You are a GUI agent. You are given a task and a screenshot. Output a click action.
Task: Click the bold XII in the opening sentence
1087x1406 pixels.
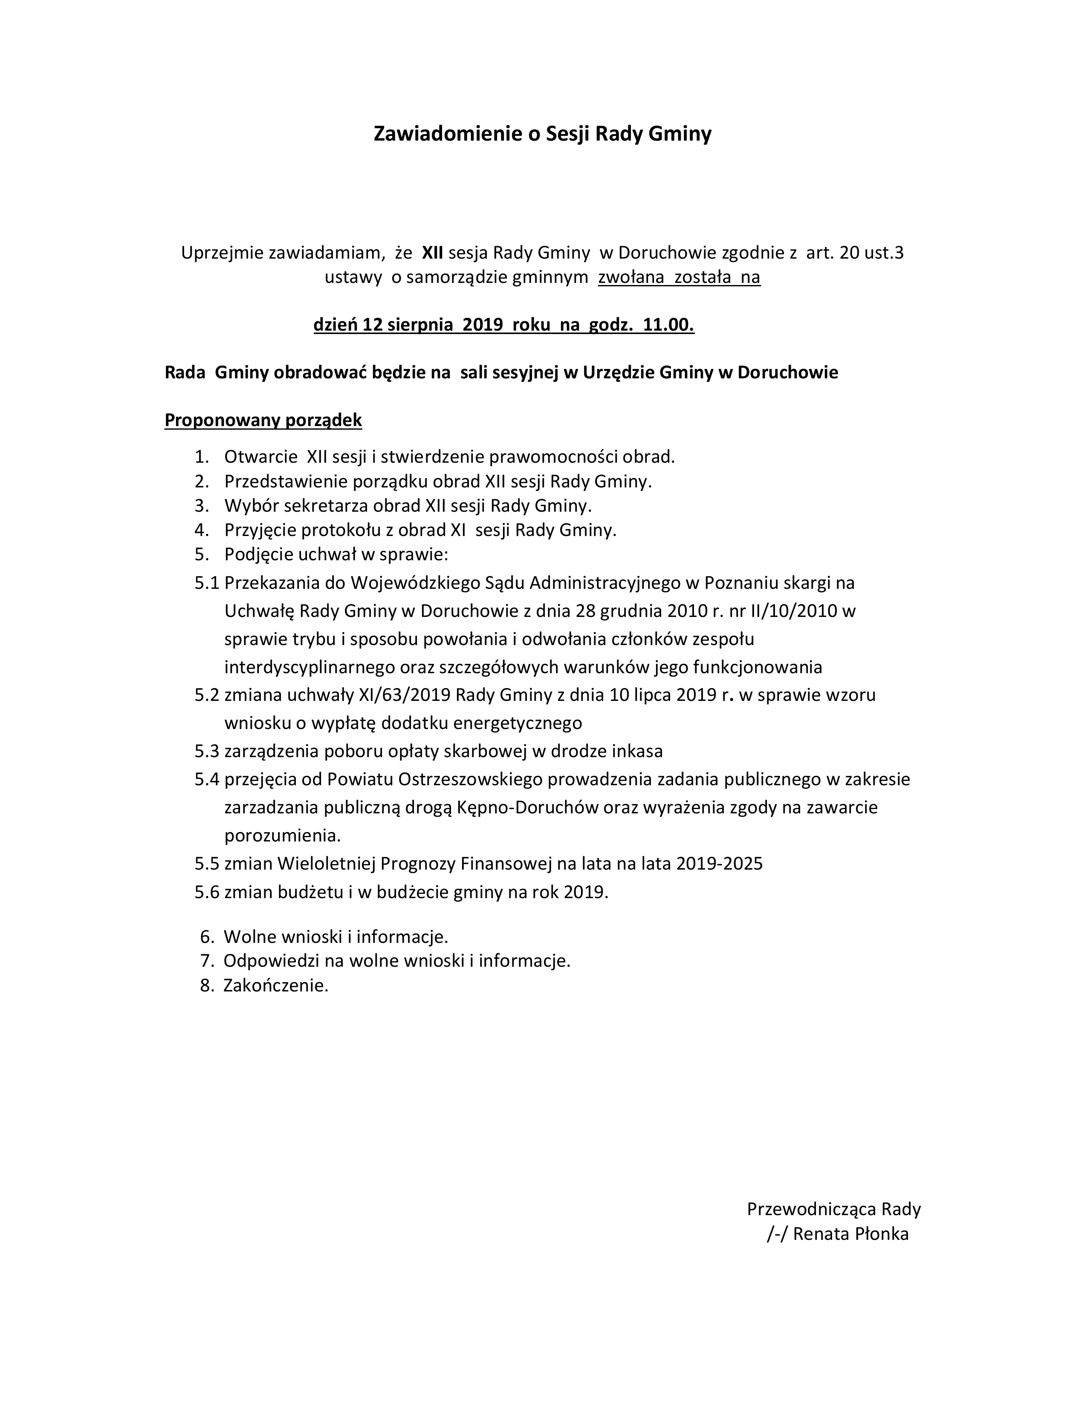432,253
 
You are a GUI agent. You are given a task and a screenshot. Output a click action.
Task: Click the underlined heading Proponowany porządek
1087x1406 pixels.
263,421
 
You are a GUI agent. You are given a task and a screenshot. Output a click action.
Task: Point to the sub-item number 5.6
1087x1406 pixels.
207,892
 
